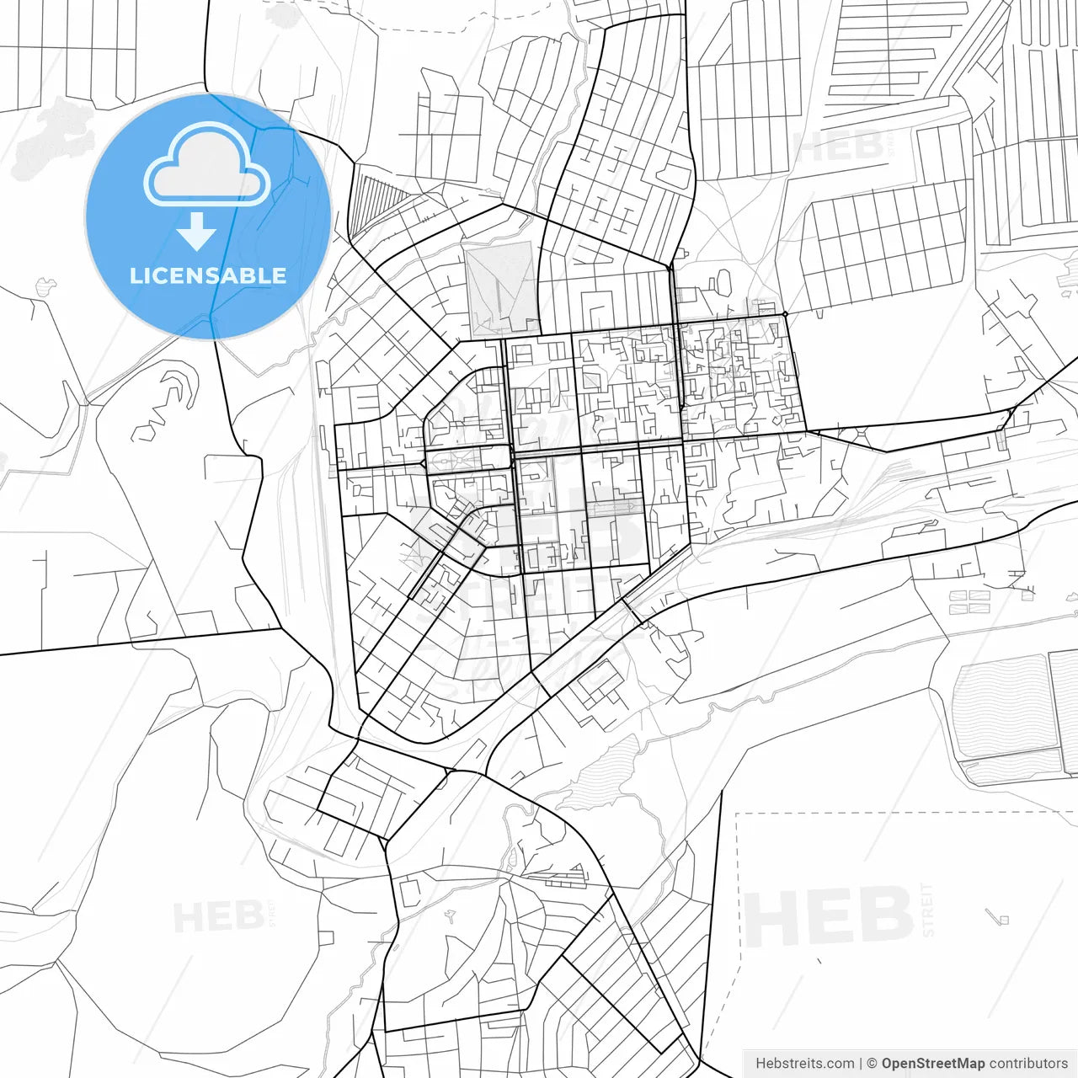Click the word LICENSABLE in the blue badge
pyautogui.click(x=207, y=276)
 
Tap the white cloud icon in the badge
pyautogui.click(x=207, y=165)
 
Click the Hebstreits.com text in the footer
pyautogui.click(x=804, y=1064)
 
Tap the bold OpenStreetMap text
pyautogui.click(x=933, y=1064)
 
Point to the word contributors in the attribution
pyautogui.click(x=1028, y=1064)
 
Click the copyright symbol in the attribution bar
pyautogui.click(x=872, y=1064)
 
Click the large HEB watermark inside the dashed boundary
pyautogui.click(x=829, y=915)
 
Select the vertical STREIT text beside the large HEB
pyautogui.click(x=928, y=910)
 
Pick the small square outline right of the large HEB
pyautogui.click(x=1002, y=919)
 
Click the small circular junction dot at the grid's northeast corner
pyautogui.click(x=785, y=315)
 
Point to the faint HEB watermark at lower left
pyautogui.click(x=216, y=917)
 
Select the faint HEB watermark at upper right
pyautogui.click(x=838, y=148)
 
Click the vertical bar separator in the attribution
pyautogui.click(x=860, y=1064)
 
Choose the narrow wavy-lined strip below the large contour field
pyautogui.click(x=1011, y=766)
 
